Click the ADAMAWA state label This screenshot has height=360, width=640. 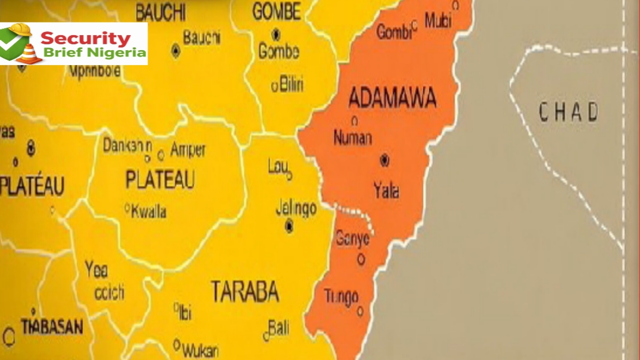(x=392, y=98)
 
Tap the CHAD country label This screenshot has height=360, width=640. (x=569, y=113)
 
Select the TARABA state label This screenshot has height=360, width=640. (x=245, y=291)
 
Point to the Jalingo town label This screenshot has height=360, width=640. (x=296, y=209)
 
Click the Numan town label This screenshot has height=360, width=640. (x=353, y=138)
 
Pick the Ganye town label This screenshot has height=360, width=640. (x=352, y=239)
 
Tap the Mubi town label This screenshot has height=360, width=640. (x=438, y=21)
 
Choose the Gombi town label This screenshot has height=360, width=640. (x=394, y=32)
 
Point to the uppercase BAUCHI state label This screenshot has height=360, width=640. (x=160, y=11)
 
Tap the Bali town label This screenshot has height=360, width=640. (x=278, y=328)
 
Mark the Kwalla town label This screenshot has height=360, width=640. (x=148, y=212)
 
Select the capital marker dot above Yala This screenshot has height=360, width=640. (x=384, y=159)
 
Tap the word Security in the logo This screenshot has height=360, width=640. (x=85, y=38)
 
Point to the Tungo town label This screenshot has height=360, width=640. (x=341, y=297)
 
